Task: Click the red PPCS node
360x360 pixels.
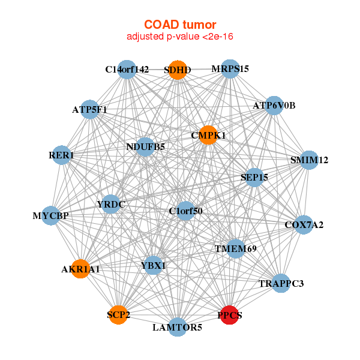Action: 230,314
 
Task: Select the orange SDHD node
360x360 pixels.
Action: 178,70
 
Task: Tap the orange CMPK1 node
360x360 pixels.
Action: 208,135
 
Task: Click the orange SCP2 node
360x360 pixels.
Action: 119,314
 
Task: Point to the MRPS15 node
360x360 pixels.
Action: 230,69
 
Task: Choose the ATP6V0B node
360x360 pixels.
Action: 274,106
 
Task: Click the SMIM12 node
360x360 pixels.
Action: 308,160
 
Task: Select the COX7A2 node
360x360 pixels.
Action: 304,225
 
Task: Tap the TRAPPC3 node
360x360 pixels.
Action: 281,283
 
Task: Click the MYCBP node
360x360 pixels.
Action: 50,215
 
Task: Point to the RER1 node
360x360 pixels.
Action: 61,155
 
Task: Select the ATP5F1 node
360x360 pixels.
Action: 89,110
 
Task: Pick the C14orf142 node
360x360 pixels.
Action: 127,70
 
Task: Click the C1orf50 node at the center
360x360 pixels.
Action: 185,211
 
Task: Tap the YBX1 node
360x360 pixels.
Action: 154,265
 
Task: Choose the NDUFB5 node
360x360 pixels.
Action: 145,146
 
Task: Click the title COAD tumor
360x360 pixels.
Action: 180,25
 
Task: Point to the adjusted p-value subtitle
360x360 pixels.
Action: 180,37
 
